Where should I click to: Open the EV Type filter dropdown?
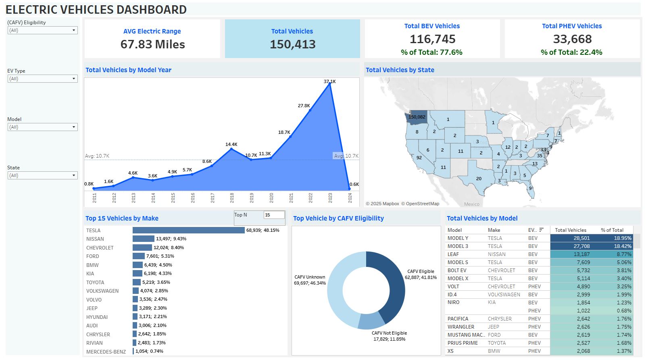42,79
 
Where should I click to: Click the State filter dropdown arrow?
74,175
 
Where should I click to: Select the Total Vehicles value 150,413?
292,44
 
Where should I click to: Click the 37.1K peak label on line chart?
329,81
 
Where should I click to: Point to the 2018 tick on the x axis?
232,198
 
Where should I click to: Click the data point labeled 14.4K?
231,149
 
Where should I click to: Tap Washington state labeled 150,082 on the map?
417,117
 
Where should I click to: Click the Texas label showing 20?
479,179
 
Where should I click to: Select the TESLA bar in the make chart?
188,230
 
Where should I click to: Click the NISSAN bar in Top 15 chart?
143,239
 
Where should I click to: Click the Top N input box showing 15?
274,215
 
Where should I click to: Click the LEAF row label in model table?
453,254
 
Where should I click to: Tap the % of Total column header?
612,230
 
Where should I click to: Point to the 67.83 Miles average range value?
152,44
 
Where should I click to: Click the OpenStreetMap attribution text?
422,204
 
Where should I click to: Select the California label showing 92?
419,158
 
